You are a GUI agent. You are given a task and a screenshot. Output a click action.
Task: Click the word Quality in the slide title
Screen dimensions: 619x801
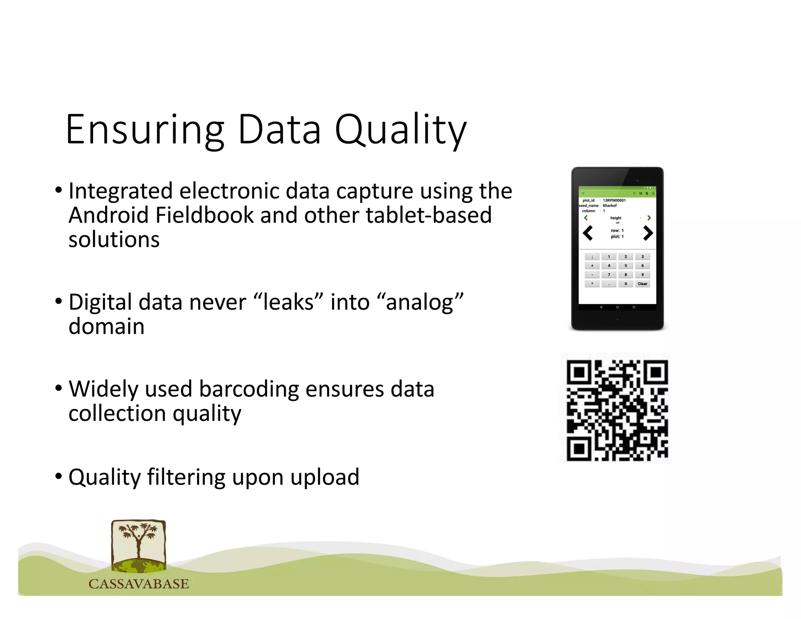[x=401, y=130]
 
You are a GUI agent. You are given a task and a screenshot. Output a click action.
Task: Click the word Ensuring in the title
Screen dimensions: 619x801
[x=145, y=130]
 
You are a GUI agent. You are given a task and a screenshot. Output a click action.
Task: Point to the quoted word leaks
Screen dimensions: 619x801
[x=289, y=302]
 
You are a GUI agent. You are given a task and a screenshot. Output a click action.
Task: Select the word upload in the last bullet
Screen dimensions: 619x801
[x=325, y=477]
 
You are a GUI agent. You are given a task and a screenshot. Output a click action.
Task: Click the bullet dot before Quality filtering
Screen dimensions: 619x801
[x=59, y=476]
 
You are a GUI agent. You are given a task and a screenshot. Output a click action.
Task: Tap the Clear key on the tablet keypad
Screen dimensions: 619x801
[x=642, y=284]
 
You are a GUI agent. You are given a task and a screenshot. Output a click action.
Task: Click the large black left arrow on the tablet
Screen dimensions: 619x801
[x=588, y=233]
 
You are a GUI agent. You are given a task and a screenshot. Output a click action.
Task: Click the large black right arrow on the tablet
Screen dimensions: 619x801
[x=648, y=233]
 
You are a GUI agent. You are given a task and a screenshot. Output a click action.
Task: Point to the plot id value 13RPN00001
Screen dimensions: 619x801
[x=614, y=200]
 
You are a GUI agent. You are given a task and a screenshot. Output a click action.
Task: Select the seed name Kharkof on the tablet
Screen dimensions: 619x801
[x=609, y=205]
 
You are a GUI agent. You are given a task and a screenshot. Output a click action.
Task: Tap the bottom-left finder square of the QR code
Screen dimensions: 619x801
[x=579, y=449]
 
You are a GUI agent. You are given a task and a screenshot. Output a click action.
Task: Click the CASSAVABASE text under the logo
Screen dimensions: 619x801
[x=139, y=584]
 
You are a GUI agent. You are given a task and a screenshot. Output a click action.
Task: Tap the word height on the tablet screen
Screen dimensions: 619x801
[x=616, y=218]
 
